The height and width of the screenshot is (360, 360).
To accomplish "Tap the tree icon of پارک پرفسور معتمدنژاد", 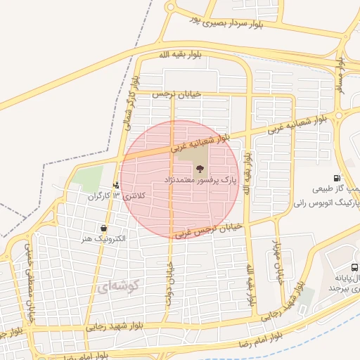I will pos(200,169).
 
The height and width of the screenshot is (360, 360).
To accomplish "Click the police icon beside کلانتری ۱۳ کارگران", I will pos(116,186).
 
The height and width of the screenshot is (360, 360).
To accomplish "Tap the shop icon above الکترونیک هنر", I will pos(104,228).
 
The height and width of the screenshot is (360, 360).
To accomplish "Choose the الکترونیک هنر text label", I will pos(103,238).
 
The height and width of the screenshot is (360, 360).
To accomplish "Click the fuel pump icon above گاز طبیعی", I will pos(338,178).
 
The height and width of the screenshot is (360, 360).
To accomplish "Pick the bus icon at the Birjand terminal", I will pos(354,267).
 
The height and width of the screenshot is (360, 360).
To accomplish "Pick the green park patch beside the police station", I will pos(88,179).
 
